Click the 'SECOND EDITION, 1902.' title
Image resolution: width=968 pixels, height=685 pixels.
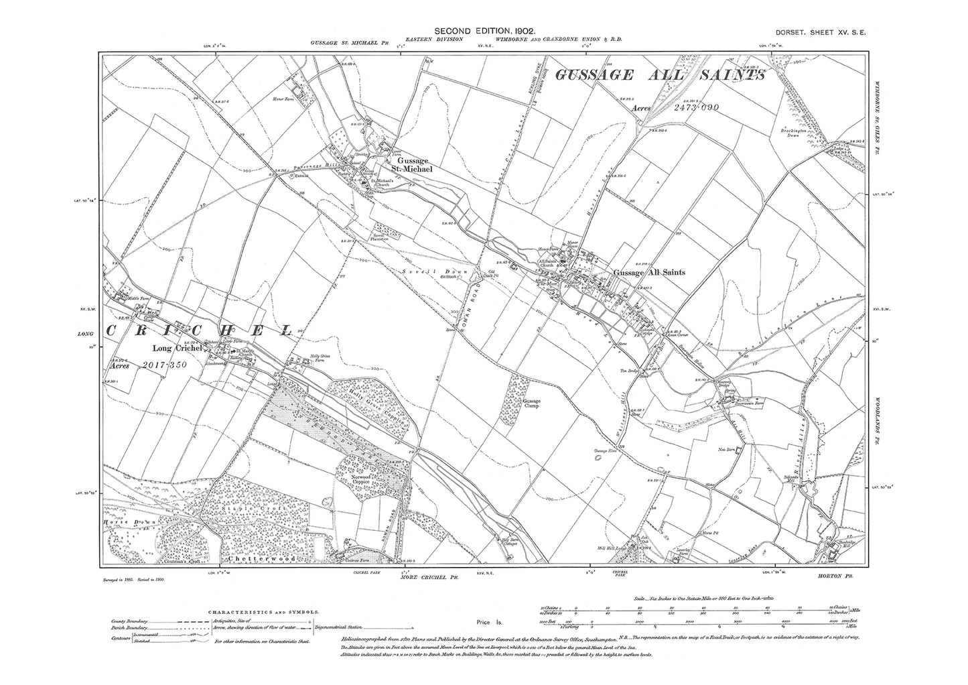tap(484, 31)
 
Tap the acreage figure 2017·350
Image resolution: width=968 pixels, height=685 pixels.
tap(165, 365)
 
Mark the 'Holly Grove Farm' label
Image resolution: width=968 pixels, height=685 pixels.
tap(314, 359)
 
